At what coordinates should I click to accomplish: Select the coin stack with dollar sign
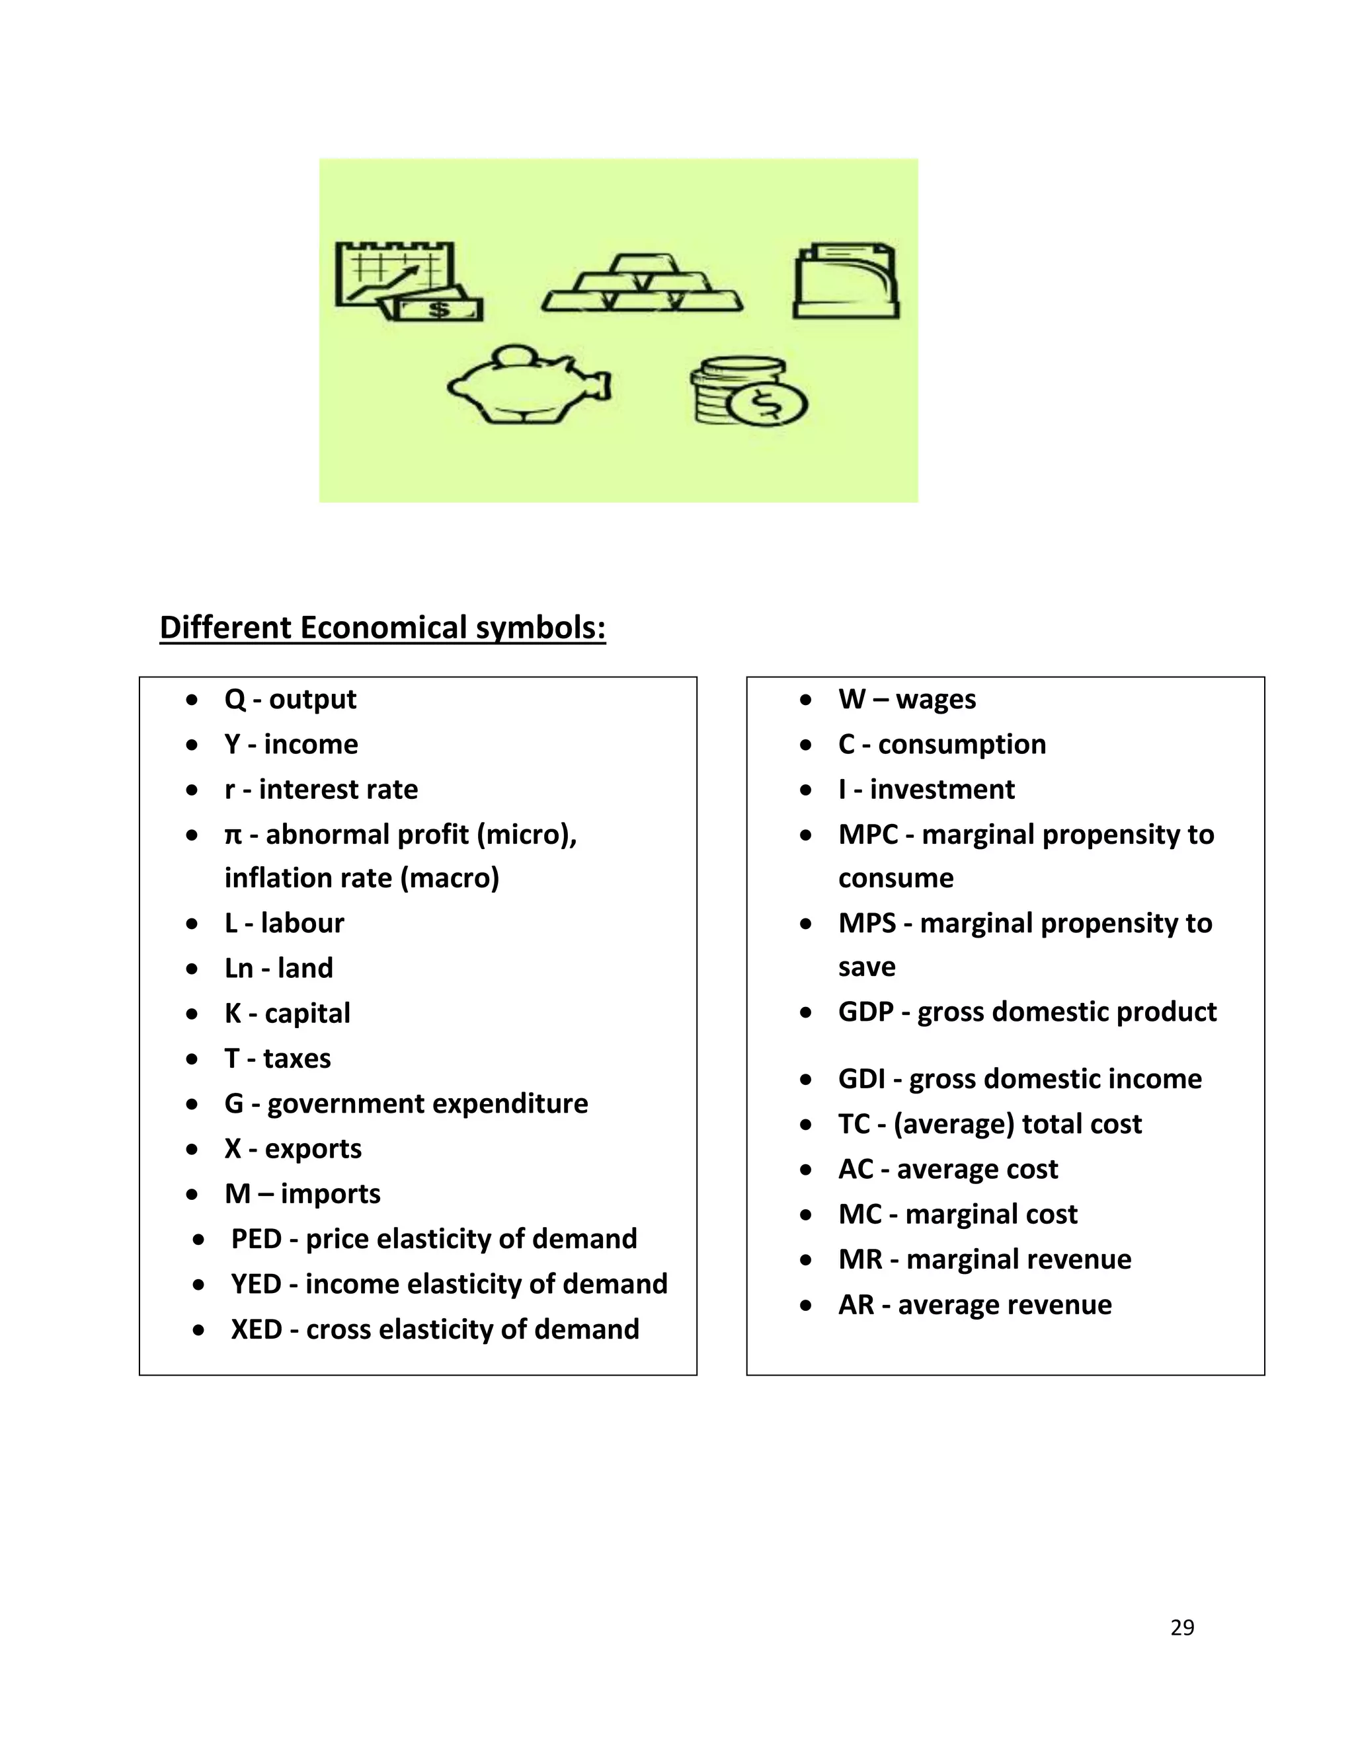[x=748, y=391]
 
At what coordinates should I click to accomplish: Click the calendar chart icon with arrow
[x=407, y=281]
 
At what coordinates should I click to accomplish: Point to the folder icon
[x=846, y=281]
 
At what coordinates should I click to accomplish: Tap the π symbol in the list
[x=233, y=835]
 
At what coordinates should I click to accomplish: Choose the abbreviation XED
[x=256, y=1329]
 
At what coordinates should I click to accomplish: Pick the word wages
[x=936, y=700]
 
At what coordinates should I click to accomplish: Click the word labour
[x=302, y=924]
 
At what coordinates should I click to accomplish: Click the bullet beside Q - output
[x=192, y=700]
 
